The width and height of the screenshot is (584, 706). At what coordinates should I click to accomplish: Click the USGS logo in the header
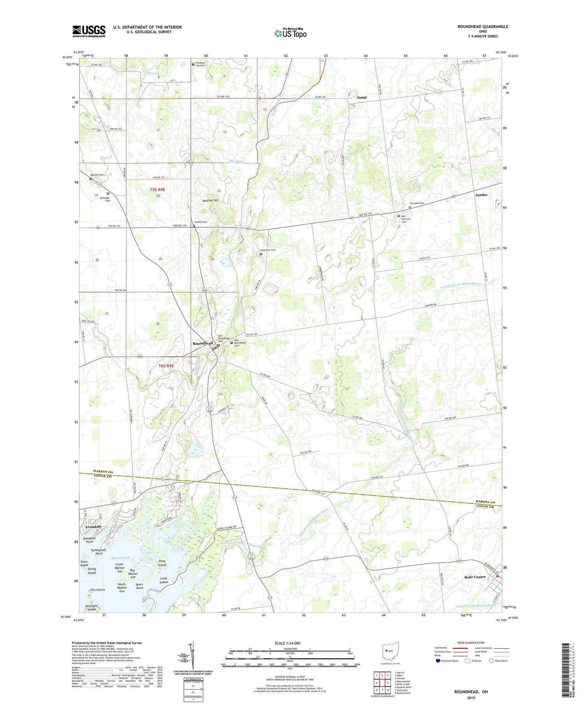89,31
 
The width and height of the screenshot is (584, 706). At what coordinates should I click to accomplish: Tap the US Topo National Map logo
290,33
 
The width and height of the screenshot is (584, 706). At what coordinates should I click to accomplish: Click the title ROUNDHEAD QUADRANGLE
483,26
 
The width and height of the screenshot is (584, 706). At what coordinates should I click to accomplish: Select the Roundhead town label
203,343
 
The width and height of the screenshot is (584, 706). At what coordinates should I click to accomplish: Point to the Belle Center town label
475,577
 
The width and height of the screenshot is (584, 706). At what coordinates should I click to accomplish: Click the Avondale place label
93,526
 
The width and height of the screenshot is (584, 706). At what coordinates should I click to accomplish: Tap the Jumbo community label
481,195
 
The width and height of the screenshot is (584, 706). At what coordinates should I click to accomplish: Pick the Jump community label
362,97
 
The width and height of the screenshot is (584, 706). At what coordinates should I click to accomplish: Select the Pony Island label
162,563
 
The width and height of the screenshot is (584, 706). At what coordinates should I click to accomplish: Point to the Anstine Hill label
210,200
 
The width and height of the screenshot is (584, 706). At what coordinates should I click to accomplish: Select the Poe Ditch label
236,161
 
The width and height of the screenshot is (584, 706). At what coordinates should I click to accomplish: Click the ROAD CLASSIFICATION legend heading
471,643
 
